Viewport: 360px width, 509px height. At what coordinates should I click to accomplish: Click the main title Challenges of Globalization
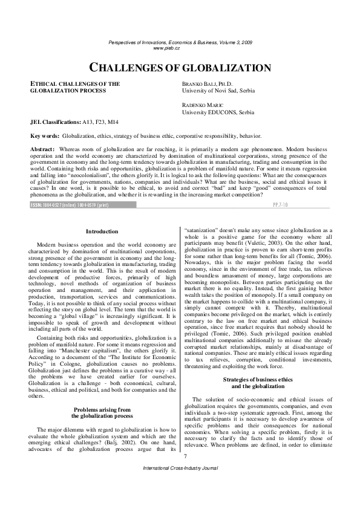(180, 68)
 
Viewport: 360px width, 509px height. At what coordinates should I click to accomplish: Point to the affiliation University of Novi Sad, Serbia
(218, 91)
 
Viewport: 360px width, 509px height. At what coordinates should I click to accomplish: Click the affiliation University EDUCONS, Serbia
(218, 112)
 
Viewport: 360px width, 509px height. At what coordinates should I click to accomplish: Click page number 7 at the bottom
(185, 473)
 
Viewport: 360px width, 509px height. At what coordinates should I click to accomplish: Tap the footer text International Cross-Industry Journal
(180, 485)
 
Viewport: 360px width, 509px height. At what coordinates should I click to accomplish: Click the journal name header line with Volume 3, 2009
(180, 42)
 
